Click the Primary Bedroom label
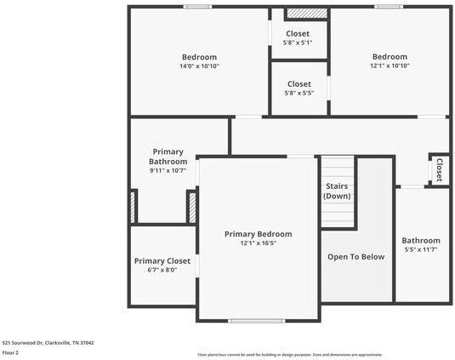(x=258, y=234)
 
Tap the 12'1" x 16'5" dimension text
(x=258, y=243)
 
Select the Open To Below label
(x=356, y=256)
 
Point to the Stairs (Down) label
(x=337, y=191)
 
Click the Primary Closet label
(x=162, y=261)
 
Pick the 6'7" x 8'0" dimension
(x=162, y=271)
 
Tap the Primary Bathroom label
(x=168, y=157)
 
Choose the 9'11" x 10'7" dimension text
(x=168, y=170)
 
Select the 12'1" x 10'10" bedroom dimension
(x=390, y=66)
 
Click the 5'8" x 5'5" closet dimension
(x=299, y=93)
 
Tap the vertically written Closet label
(x=439, y=170)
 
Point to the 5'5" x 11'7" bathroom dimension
(x=421, y=249)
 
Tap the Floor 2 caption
(x=11, y=351)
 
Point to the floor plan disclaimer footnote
(x=289, y=354)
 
